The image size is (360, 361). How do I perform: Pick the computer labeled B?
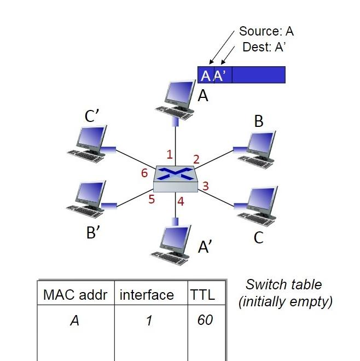coord(257,148)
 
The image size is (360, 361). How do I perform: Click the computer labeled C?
coord(257,205)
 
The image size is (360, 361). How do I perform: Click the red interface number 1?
coord(170,153)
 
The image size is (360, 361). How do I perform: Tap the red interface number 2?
coord(196,159)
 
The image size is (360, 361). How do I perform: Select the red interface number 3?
coord(206,186)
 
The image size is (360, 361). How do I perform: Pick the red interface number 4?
coord(181,201)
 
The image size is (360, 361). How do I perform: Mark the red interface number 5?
coord(152,199)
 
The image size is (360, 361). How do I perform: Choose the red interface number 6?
coord(144,173)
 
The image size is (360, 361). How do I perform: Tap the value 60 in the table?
coord(205,319)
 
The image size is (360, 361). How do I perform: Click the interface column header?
coord(147,295)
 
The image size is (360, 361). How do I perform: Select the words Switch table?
coord(283,284)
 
